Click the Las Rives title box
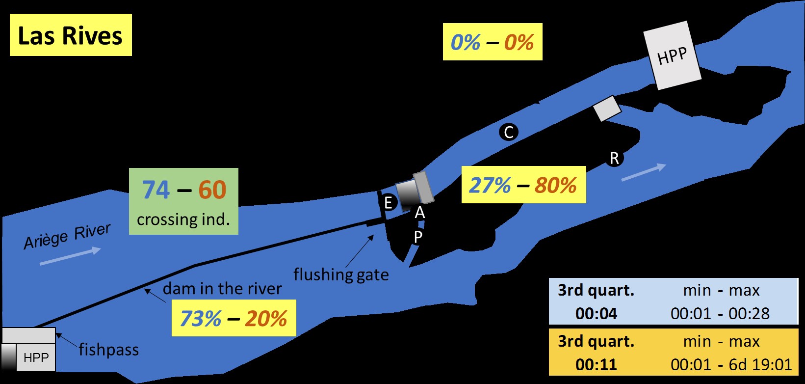click(71, 35)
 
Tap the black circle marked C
click(509, 132)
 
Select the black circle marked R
click(614, 158)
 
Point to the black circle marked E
click(388, 202)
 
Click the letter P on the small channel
click(418, 237)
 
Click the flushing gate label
click(341, 274)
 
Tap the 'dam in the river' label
click(222, 288)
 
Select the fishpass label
click(108, 350)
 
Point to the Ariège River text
click(67, 236)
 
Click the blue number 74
click(156, 190)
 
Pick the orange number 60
click(212, 190)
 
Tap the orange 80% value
click(555, 186)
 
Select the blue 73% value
click(200, 319)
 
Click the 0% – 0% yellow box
click(493, 42)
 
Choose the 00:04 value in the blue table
click(596, 313)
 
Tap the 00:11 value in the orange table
click(596, 364)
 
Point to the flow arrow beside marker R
click(644, 172)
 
